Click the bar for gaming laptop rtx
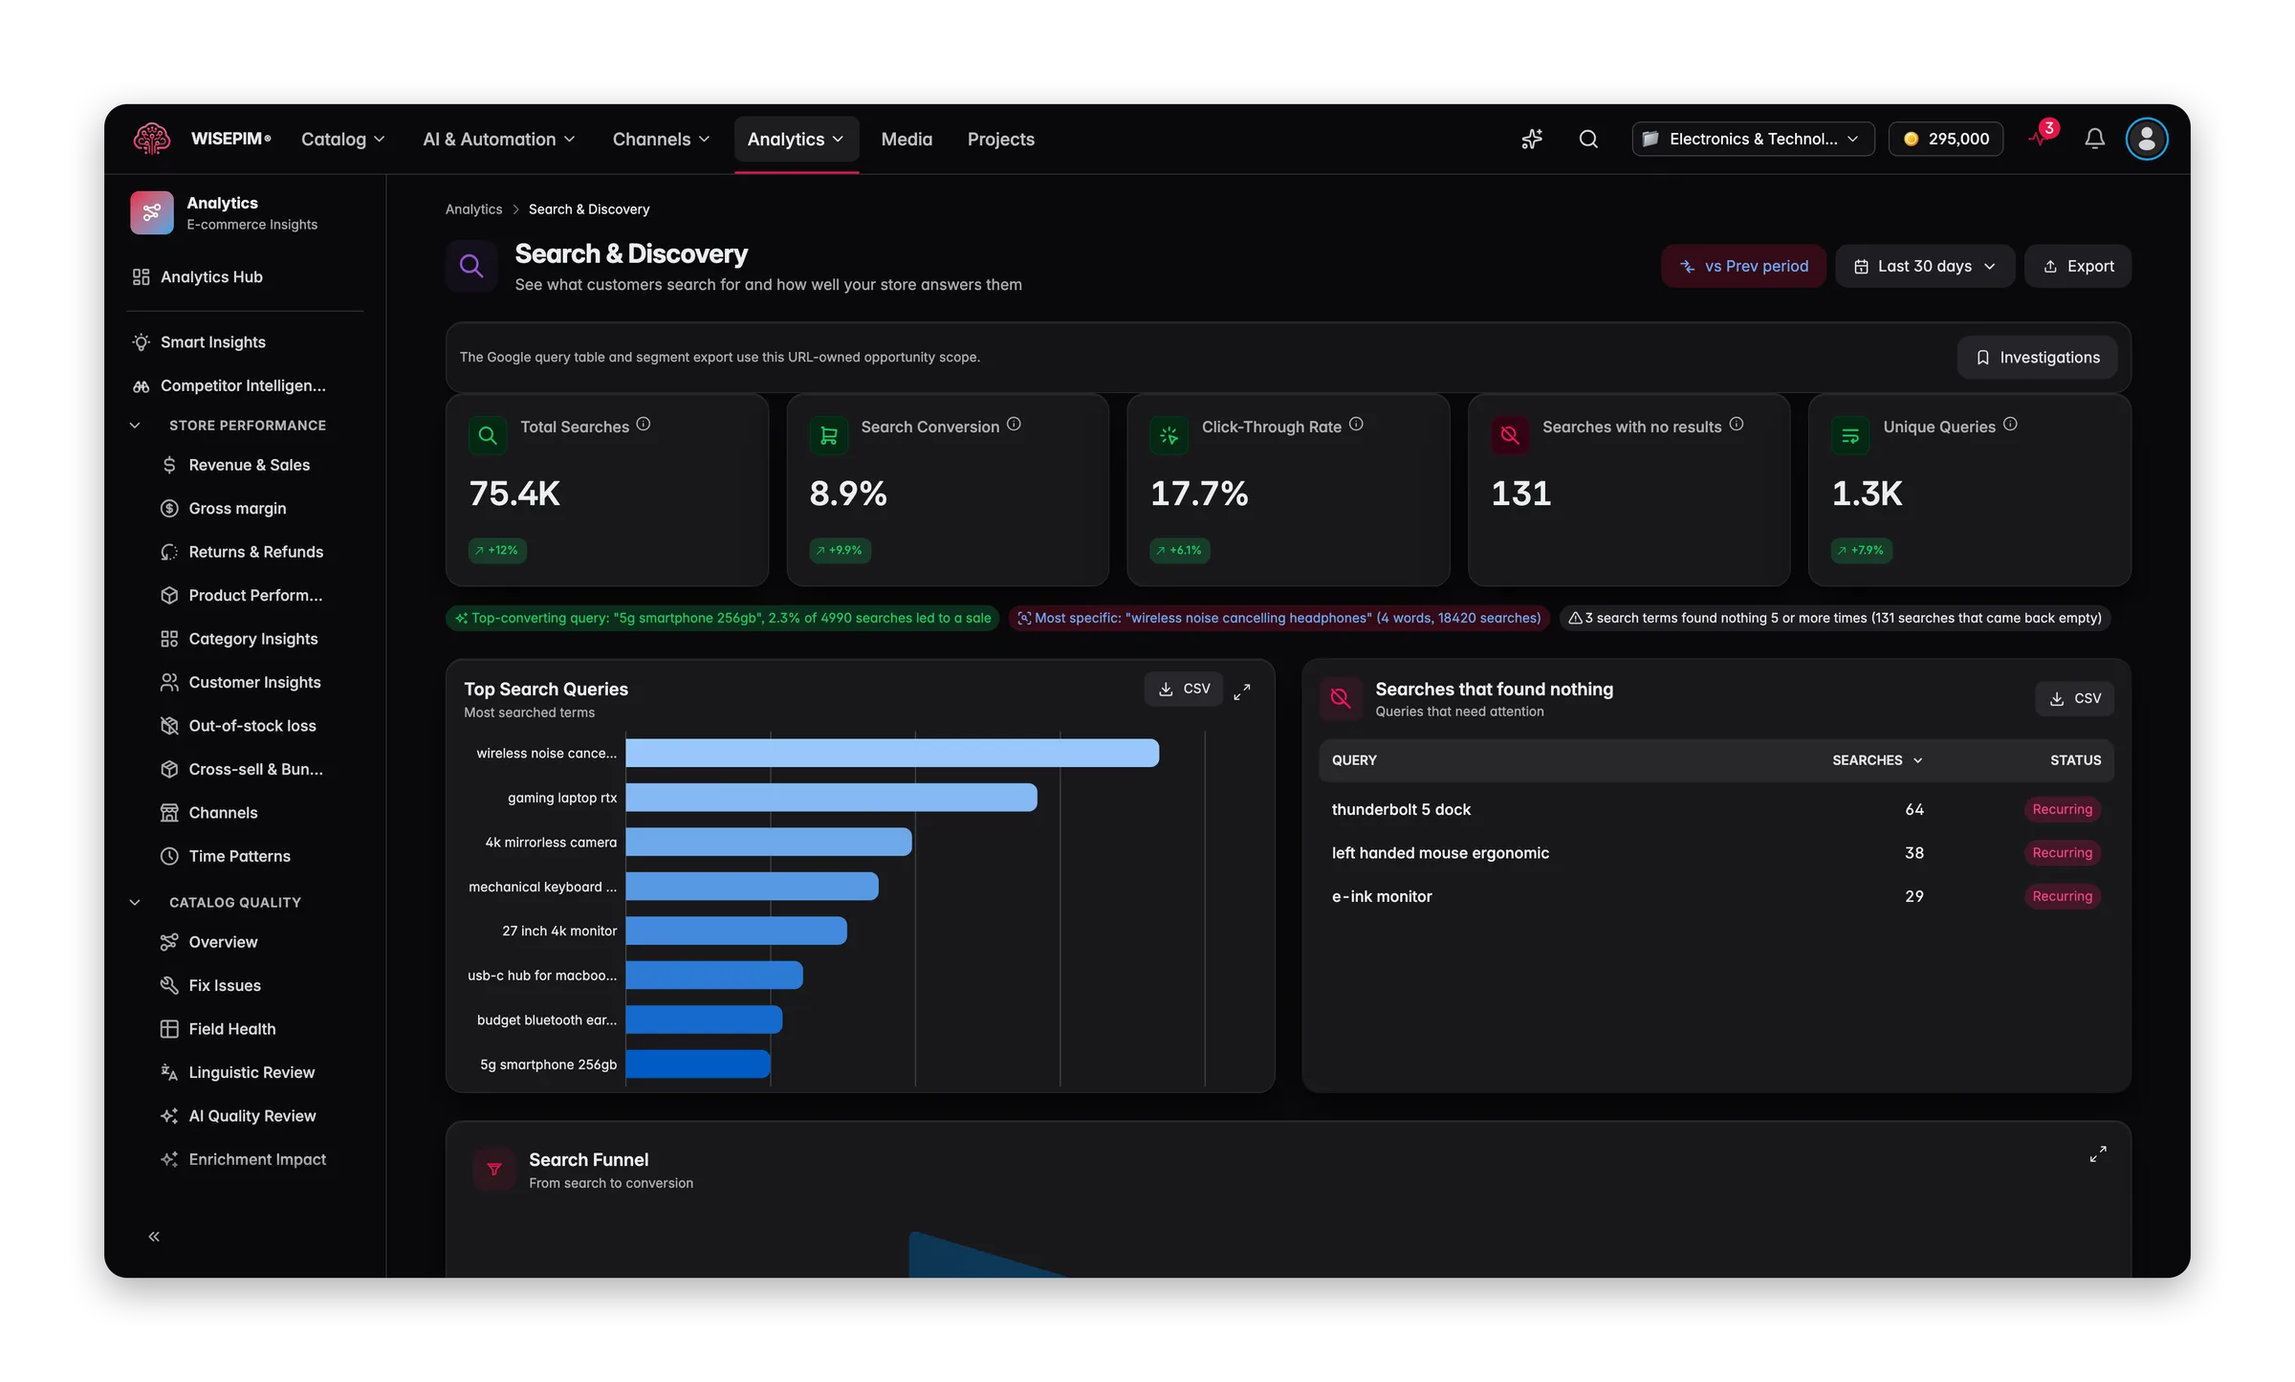pyautogui.click(x=831, y=798)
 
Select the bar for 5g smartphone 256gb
pyautogui.click(x=698, y=1064)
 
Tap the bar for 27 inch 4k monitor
pyautogui.click(x=736, y=931)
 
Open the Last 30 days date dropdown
pyautogui.click(x=1925, y=266)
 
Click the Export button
pyautogui.click(x=2078, y=266)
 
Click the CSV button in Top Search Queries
pyautogui.click(x=1184, y=689)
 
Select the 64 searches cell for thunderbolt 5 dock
pyautogui.click(x=1913, y=809)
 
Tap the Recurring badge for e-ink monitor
pyautogui.click(x=2062, y=896)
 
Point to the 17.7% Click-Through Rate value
pyautogui.click(x=1199, y=494)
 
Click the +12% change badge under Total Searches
pyautogui.click(x=497, y=550)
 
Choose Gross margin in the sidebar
pyautogui.click(x=237, y=508)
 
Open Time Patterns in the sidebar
pyautogui.click(x=239, y=856)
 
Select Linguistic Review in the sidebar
pyautogui.click(x=251, y=1072)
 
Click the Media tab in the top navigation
pyautogui.click(x=907, y=140)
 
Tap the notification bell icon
pyautogui.click(x=2094, y=140)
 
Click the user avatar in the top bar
pyautogui.click(x=2147, y=140)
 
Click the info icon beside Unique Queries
pyautogui.click(x=2010, y=424)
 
